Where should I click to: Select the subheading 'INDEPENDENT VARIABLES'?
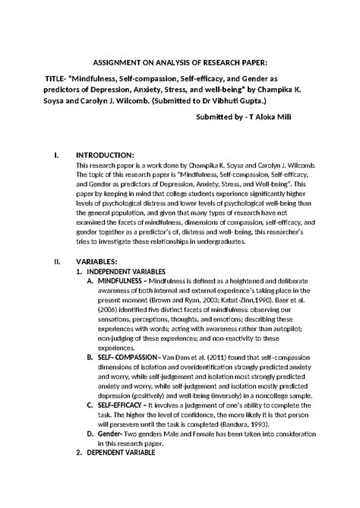[126, 272]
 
